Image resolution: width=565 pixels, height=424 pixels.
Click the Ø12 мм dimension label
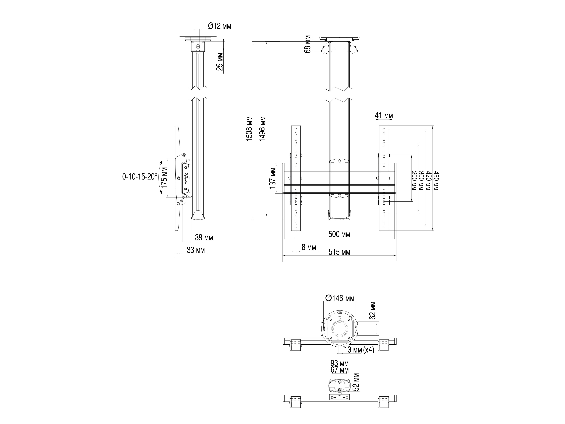[219, 26]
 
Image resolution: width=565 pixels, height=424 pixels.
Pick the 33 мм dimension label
[196, 250]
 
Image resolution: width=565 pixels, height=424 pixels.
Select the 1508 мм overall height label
[249, 129]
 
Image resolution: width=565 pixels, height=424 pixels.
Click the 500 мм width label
[339, 234]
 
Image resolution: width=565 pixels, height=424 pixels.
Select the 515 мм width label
[339, 252]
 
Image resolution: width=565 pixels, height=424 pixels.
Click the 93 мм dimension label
[339, 363]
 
